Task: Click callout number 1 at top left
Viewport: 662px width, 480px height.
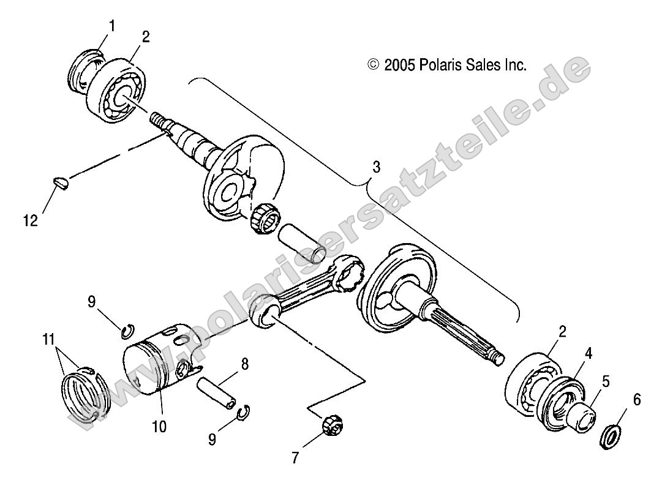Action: click(x=111, y=26)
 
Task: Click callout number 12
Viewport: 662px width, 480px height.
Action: click(x=31, y=220)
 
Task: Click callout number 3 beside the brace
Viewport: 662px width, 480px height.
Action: click(x=377, y=167)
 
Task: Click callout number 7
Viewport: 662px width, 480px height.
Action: click(x=296, y=456)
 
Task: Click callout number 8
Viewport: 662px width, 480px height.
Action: click(x=244, y=365)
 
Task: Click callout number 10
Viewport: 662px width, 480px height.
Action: click(x=159, y=426)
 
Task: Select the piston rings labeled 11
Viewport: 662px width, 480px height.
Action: click(x=86, y=397)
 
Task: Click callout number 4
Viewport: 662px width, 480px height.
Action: click(x=589, y=353)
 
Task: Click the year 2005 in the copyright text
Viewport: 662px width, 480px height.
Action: click(x=400, y=65)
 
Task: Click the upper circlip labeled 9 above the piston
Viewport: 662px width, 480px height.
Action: click(x=127, y=331)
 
